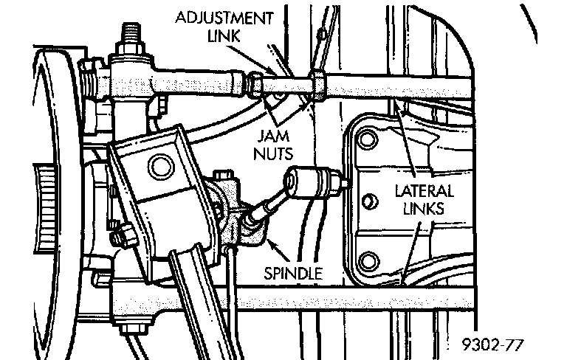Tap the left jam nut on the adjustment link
click(x=252, y=84)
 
